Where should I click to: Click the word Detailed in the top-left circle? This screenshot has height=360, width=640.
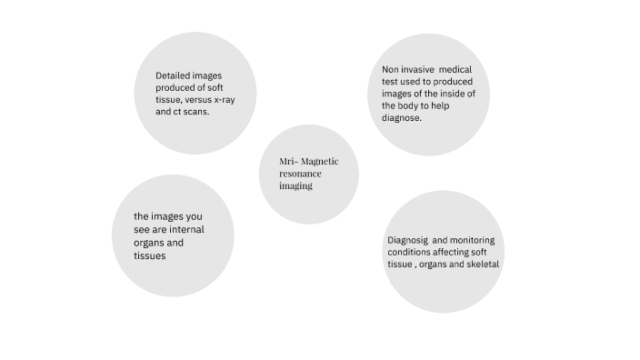(x=173, y=75)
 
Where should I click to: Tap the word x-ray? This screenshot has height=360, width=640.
(x=222, y=99)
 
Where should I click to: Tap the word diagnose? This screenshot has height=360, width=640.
(x=401, y=118)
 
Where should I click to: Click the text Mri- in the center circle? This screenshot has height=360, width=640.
(x=288, y=161)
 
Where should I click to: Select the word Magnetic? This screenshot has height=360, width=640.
(x=320, y=161)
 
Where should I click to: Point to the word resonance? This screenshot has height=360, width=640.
(x=300, y=173)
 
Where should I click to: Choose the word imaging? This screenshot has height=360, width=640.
(x=295, y=185)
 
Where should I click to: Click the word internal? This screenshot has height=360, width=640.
(x=186, y=229)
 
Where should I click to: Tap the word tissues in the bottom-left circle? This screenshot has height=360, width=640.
(x=149, y=255)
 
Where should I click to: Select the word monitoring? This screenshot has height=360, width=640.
(x=471, y=240)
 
